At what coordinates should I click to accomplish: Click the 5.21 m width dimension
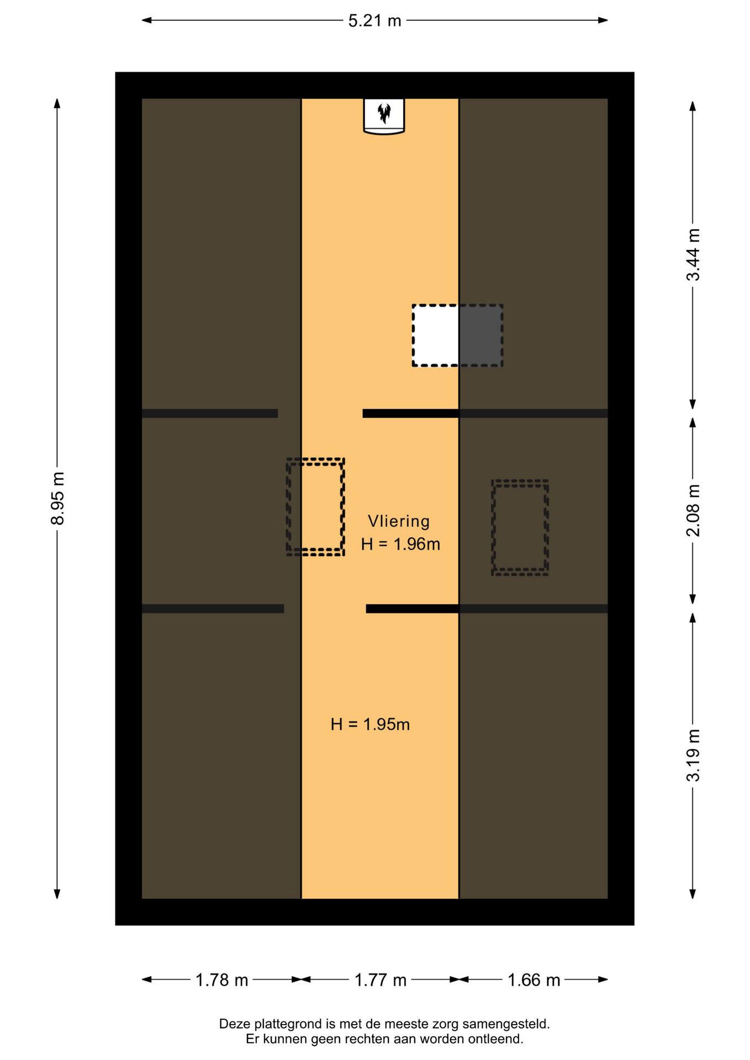click(374, 20)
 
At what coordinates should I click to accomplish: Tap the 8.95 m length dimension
click(57, 499)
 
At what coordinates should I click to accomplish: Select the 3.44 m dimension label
click(693, 255)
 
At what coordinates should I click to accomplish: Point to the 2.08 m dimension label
click(693, 511)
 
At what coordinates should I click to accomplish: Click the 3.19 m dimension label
click(693, 755)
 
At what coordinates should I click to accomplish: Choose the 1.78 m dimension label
click(221, 980)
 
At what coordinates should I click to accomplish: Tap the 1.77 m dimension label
click(380, 980)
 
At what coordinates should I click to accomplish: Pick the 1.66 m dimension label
click(534, 980)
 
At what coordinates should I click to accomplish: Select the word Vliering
click(399, 521)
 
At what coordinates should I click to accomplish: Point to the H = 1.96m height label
click(400, 544)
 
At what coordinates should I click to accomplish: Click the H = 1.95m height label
click(370, 724)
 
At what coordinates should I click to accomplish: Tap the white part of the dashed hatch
click(436, 335)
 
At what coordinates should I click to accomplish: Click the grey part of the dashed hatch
click(480, 335)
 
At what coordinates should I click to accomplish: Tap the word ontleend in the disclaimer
click(496, 1039)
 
